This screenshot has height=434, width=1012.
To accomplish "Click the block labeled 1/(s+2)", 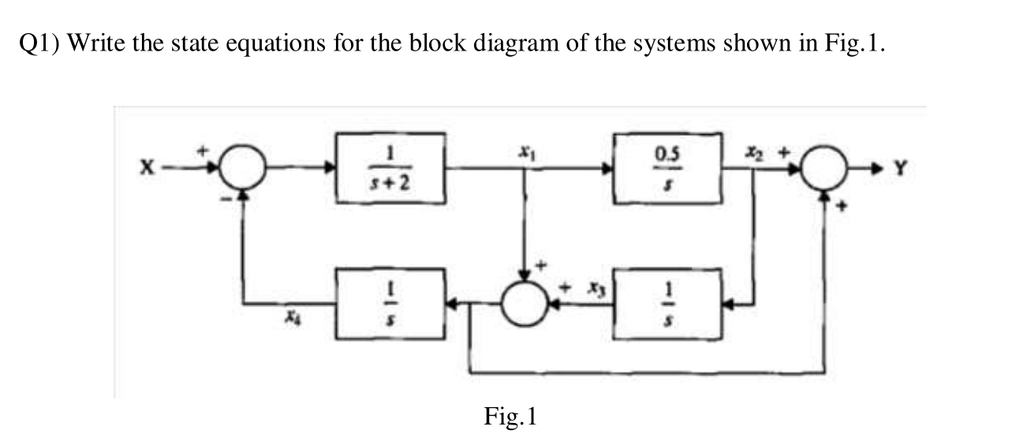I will pyautogui.click(x=392, y=168).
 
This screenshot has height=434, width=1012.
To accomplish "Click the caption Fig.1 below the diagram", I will pyautogui.click(x=510, y=415).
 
